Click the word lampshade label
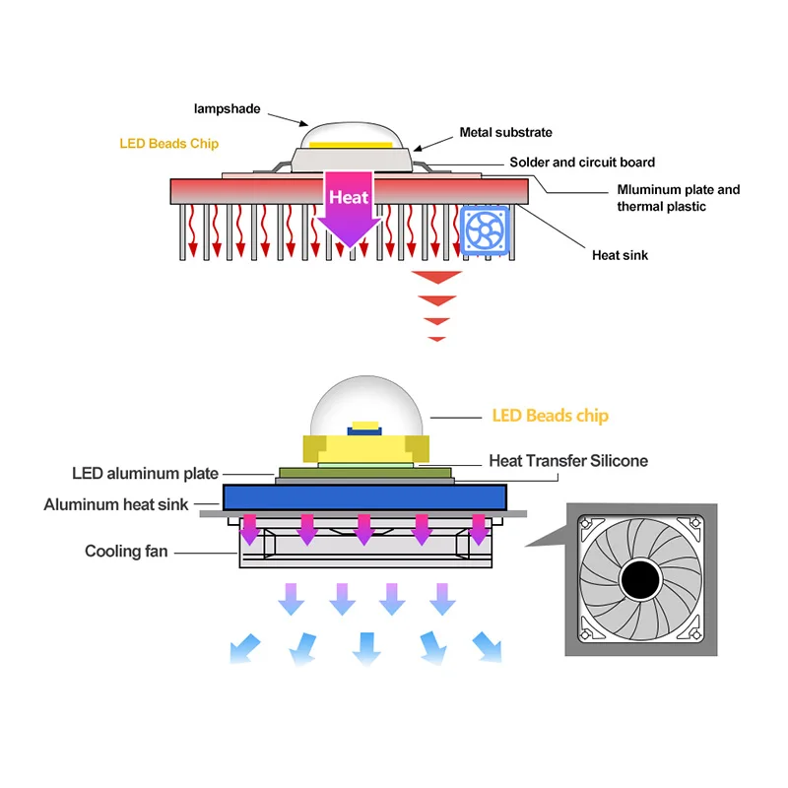227,109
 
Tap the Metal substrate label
505,133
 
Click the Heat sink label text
620,256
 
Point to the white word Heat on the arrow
349,197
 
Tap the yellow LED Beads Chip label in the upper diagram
169,144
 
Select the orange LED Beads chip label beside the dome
550,416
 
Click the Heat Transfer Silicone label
568,461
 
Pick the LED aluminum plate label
145,474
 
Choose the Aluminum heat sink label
116,505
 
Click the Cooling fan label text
126,552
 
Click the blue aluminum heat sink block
364,496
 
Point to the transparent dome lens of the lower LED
364,404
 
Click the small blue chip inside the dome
364,428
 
